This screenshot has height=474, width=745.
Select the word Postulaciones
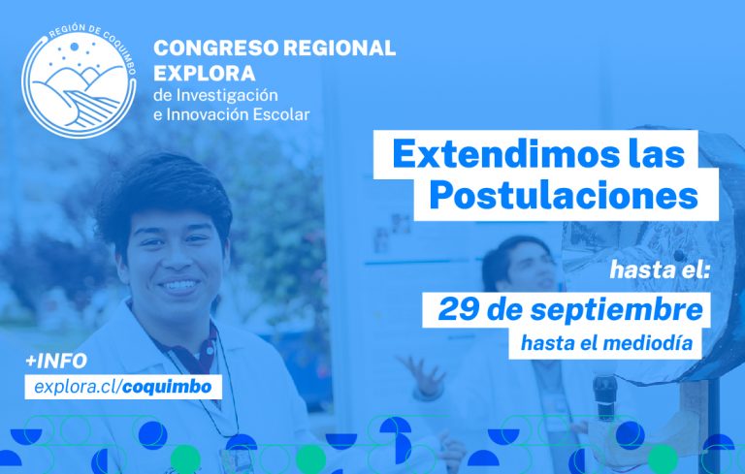click(564, 195)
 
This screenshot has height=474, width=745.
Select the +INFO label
click(57, 362)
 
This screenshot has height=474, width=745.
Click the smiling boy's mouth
click(178, 286)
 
